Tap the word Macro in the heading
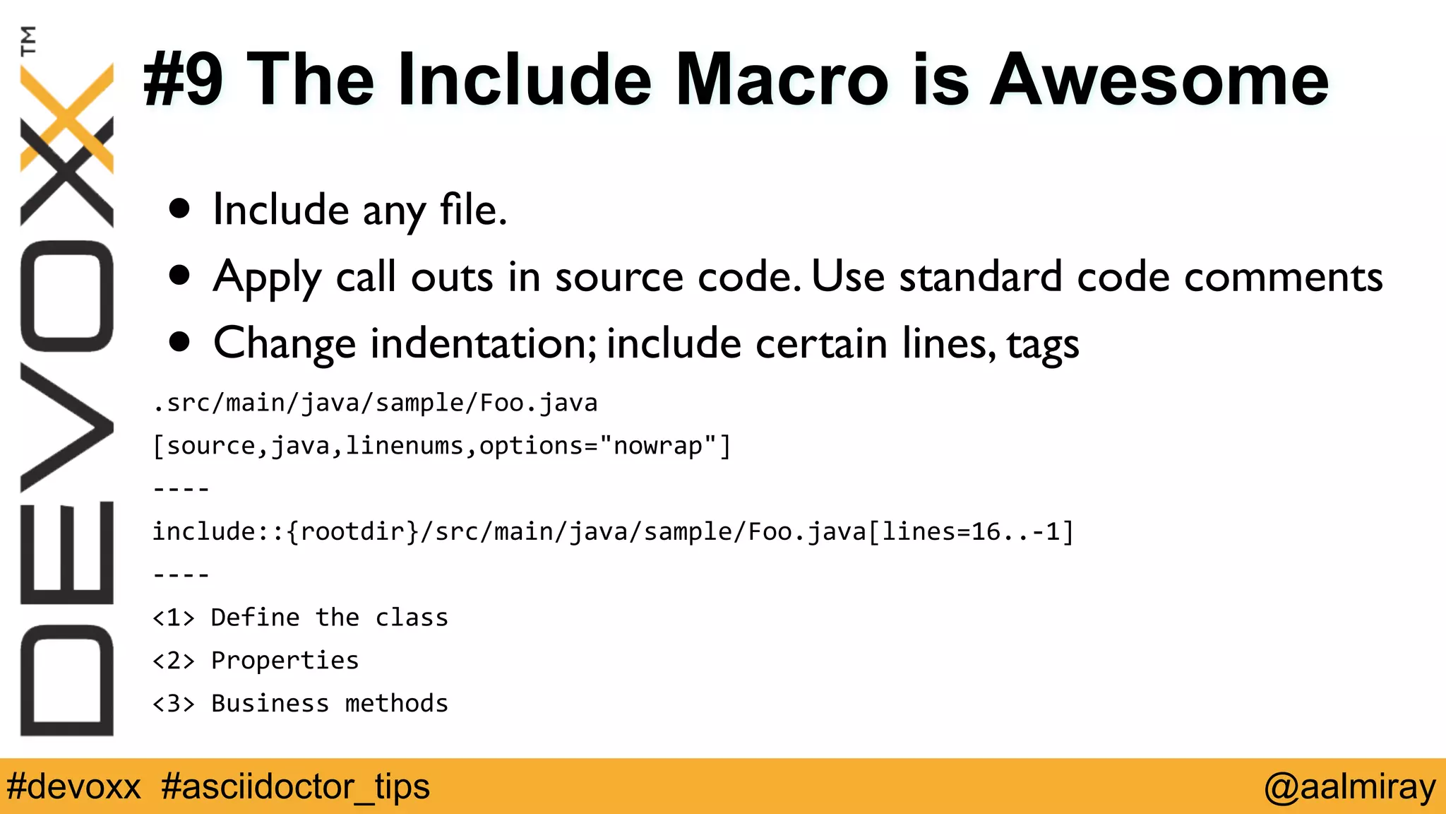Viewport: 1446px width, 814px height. [782, 80]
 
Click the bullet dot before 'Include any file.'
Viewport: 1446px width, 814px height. [180, 209]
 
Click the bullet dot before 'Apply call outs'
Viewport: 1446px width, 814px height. [180, 276]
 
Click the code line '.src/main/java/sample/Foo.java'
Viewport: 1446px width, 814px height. [375, 403]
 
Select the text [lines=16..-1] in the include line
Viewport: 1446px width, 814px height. [971, 531]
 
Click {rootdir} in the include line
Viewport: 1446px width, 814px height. [353, 531]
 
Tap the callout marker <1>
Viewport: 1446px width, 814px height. [173, 618]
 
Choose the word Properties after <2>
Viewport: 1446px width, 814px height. [285, 661]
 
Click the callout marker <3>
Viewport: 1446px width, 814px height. [173, 704]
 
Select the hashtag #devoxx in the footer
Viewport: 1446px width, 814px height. [73, 786]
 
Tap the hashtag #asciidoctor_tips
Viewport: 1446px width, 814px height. [295, 786]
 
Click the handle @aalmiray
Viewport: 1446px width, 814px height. [1350, 786]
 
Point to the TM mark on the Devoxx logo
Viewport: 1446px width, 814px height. [28, 40]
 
